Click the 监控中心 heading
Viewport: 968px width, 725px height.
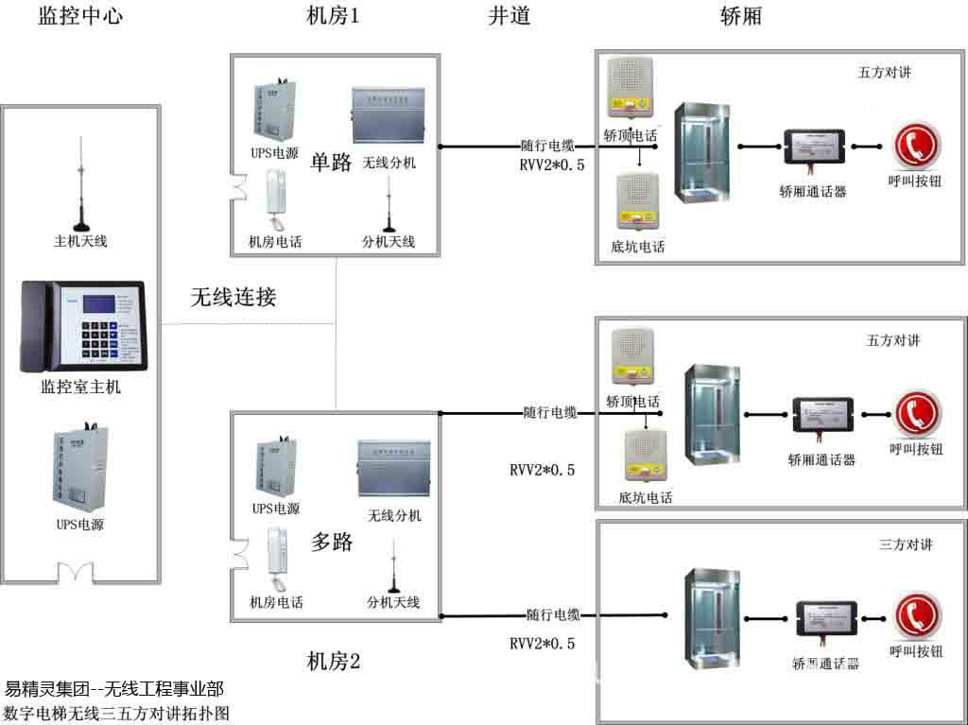point(80,16)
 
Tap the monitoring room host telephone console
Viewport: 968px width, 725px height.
point(83,326)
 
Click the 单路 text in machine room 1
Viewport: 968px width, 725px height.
point(331,161)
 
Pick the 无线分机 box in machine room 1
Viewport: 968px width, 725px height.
point(389,118)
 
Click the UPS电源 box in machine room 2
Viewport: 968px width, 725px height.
point(275,465)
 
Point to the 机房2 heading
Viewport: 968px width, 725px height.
point(334,662)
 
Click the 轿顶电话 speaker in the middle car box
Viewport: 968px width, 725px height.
point(633,358)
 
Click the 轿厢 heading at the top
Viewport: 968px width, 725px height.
point(740,16)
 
